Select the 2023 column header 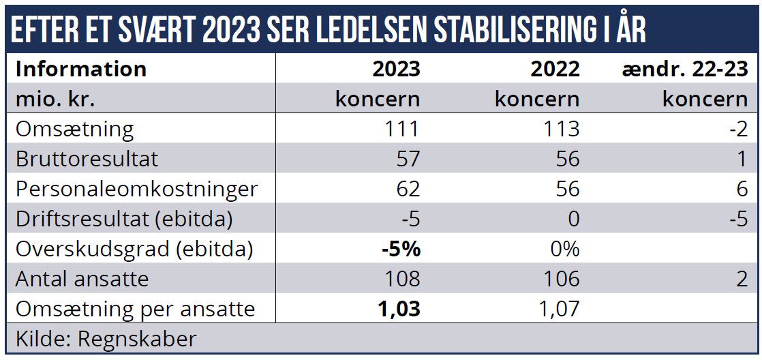[396, 69]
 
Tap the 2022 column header [555, 69]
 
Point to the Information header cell [80, 69]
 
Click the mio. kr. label [55, 99]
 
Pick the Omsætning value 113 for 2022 [560, 129]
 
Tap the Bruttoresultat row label [87, 159]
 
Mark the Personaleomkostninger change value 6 [742, 189]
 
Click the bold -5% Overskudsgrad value [401, 249]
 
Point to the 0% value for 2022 [564, 249]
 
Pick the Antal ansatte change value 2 [742, 279]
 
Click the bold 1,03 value [399, 309]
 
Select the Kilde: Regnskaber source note [106, 339]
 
